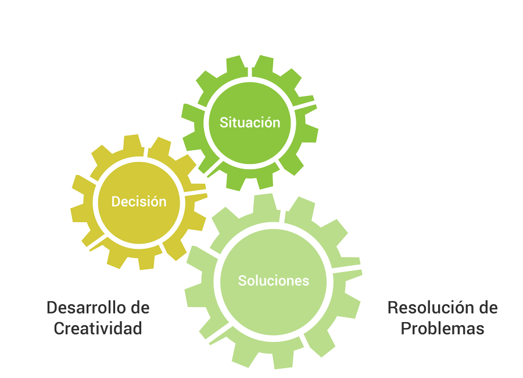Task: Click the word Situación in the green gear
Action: coord(250,123)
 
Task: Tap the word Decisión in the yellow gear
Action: coord(139,202)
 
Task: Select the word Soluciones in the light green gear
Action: coord(274,280)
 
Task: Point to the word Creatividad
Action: coord(98,328)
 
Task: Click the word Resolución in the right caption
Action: coord(428,307)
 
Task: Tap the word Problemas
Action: coord(443,328)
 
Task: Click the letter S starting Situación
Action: coord(223,123)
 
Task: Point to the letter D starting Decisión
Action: coord(116,202)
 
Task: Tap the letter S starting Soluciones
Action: coord(242,280)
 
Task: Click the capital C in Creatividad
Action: coord(59,328)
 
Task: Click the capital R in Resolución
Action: coord(393,307)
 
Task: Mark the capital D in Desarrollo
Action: coord(51,307)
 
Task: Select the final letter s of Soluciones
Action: coord(306,281)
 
